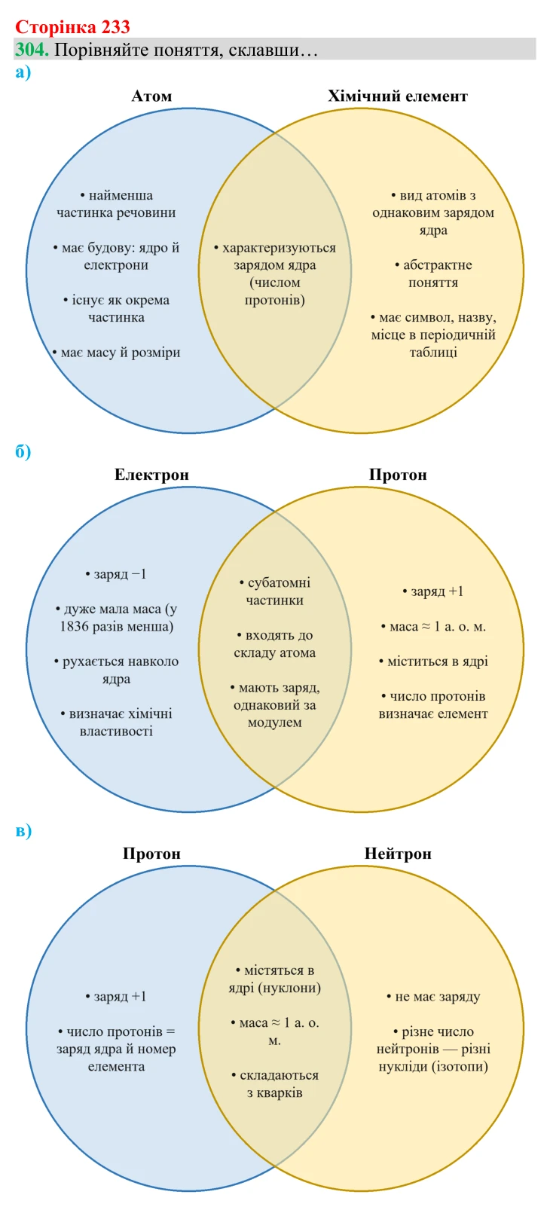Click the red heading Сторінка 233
tap(72, 26)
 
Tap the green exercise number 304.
tap(32, 49)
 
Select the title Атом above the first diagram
tap(151, 96)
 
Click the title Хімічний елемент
tap(397, 96)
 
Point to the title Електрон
tap(151, 475)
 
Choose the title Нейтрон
tap(398, 854)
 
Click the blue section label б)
tap(23, 451)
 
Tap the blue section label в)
tap(23, 830)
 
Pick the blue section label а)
tap(23, 72)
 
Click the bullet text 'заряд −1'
tap(116, 573)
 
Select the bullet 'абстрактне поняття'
tap(433, 273)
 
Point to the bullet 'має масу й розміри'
tap(116, 353)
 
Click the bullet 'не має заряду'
tap(433, 996)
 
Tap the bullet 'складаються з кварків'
tap(275, 1083)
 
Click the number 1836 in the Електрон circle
tap(74, 627)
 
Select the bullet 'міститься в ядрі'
tap(433, 661)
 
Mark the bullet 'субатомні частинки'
tap(275, 591)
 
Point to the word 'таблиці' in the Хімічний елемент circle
tap(433, 353)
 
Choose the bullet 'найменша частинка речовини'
tap(116, 203)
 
